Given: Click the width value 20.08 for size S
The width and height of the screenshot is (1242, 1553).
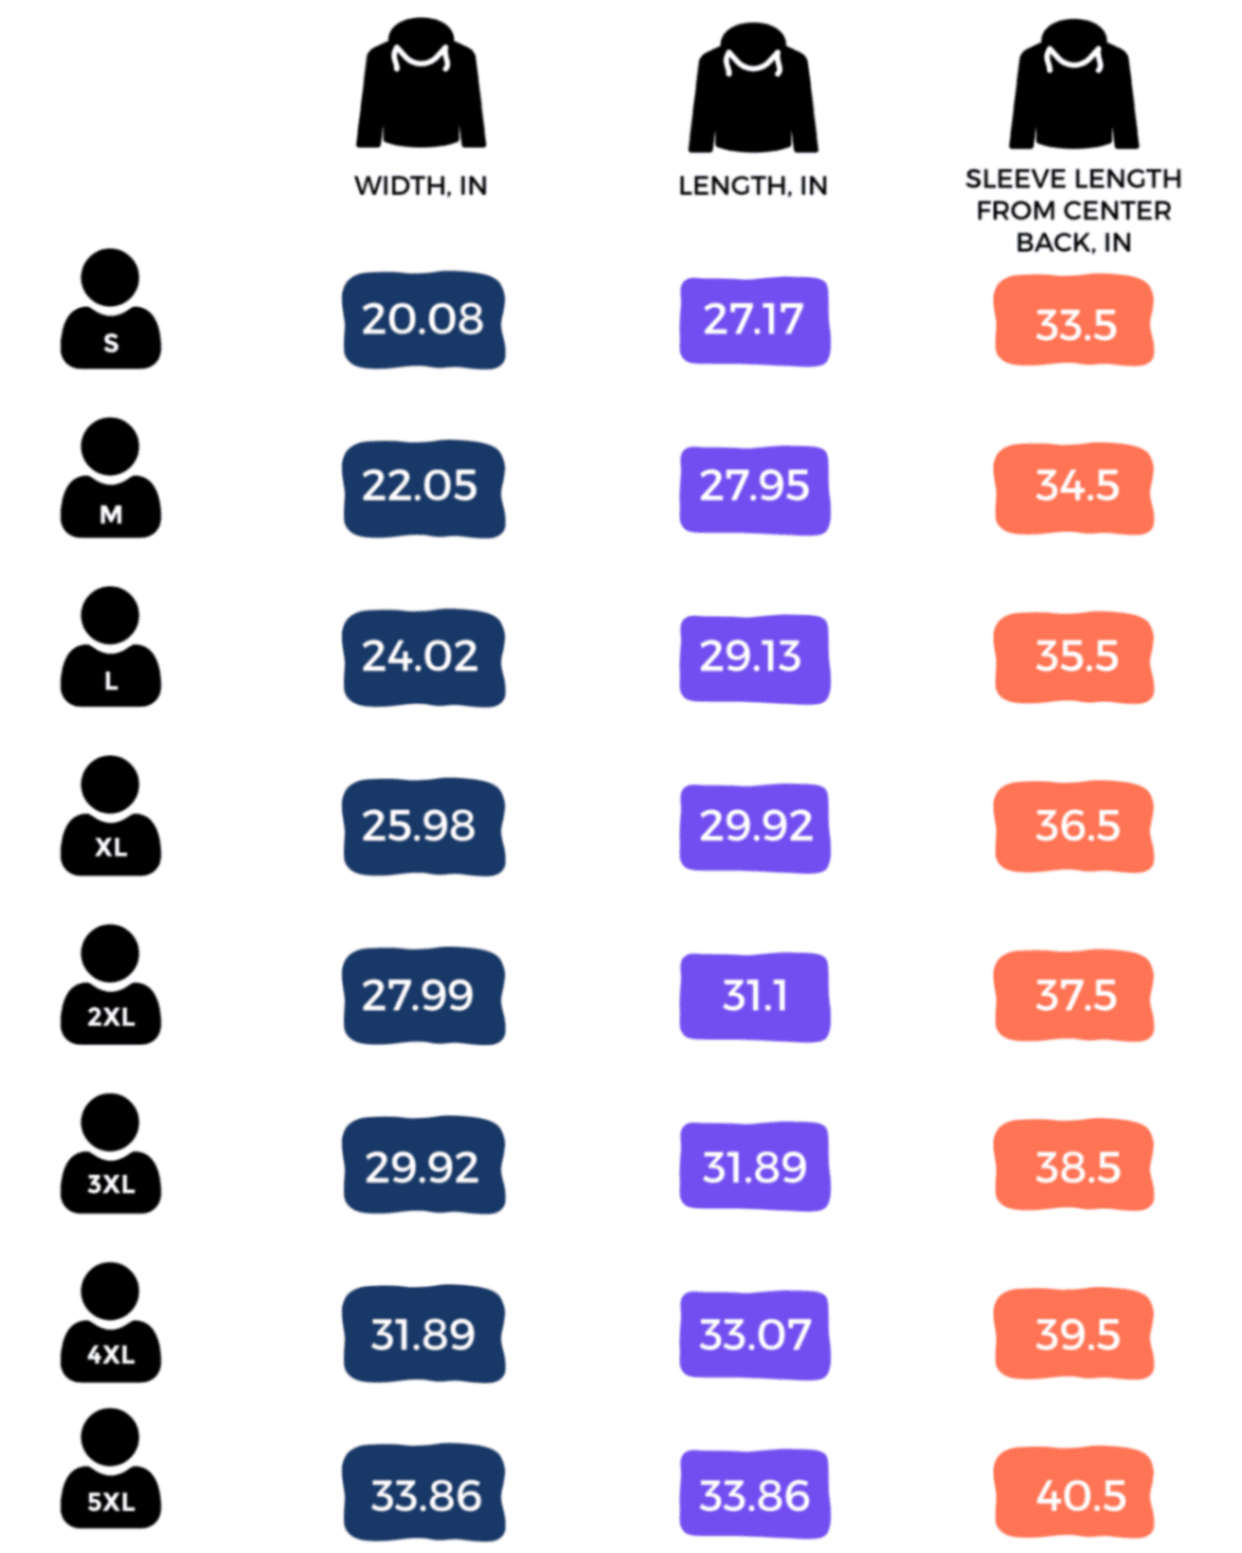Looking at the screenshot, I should click(x=423, y=320).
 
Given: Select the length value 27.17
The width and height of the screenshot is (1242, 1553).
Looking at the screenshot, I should click(x=754, y=320).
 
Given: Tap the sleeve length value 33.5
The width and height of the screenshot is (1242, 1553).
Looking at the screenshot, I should click(x=1074, y=323).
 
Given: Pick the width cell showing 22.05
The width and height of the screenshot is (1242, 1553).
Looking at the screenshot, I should click(x=423, y=487).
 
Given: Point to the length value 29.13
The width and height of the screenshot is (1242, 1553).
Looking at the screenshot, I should click(x=754, y=657).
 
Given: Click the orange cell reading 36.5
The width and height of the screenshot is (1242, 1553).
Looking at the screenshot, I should click(x=1074, y=826).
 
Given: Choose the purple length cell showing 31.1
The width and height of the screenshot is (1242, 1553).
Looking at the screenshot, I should click(x=754, y=996).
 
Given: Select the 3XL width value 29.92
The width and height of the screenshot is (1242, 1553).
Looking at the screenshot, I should click(x=423, y=1166).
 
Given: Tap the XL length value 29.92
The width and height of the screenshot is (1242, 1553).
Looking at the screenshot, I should click(x=754, y=826).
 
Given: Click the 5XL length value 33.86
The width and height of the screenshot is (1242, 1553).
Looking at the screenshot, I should click(x=754, y=1495).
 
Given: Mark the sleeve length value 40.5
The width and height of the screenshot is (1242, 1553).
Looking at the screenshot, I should click(x=1074, y=1495).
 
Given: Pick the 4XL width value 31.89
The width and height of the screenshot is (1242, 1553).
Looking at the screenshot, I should click(x=423, y=1335).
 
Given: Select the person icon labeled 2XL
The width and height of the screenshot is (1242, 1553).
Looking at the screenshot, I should click(x=110, y=986).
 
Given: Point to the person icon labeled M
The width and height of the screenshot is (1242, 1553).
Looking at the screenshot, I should click(x=110, y=479).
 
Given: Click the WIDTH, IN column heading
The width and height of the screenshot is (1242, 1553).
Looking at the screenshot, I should click(x=421, y=185).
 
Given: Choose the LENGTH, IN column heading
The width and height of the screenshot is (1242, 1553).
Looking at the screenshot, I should click(x=752, y=185).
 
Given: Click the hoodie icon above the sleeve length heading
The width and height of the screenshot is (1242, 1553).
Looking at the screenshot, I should click(x=1073, y=85).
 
